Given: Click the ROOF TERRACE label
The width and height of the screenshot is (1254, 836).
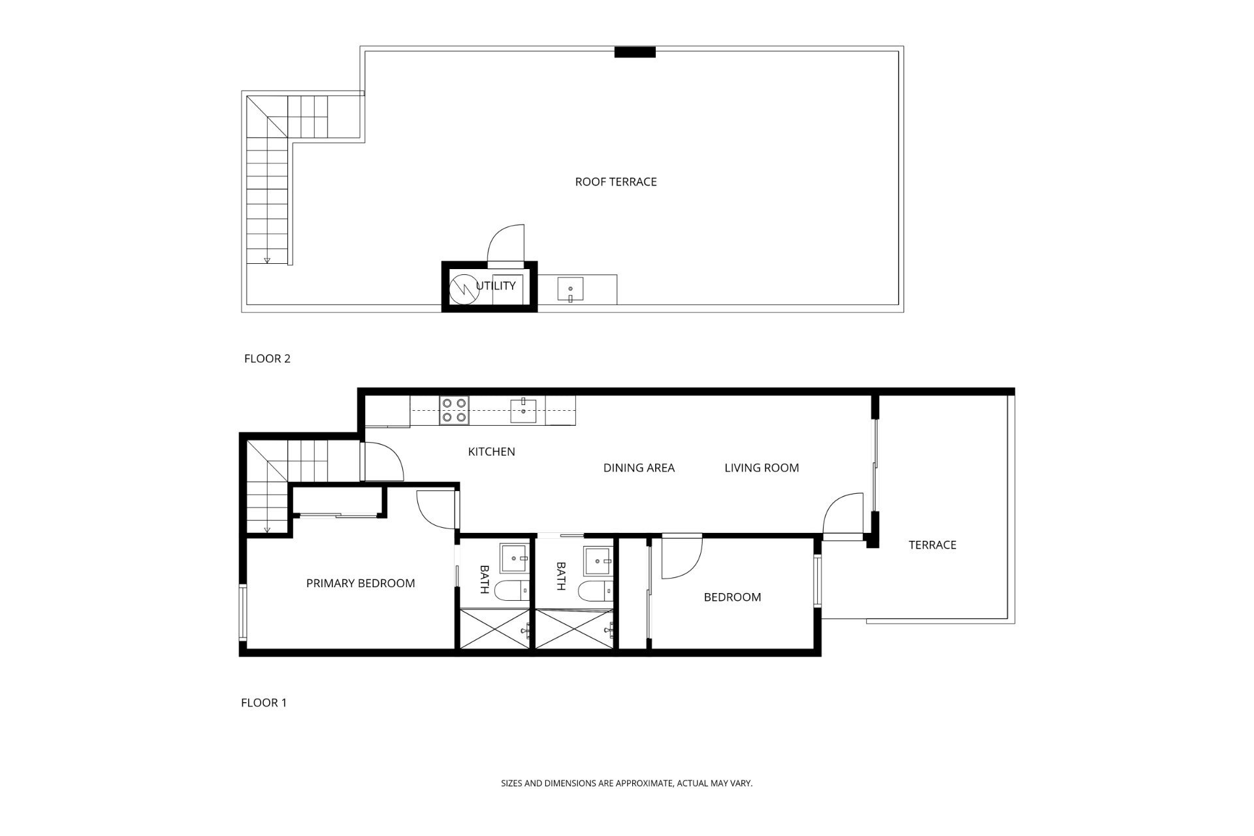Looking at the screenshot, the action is coord(615,182).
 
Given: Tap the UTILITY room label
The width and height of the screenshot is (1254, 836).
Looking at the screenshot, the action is coord(496,285).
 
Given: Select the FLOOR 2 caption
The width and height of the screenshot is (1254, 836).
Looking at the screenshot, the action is coord(267,358).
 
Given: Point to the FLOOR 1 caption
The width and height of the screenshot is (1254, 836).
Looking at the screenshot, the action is coord(264,703).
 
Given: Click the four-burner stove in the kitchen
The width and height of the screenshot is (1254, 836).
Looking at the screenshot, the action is coord(455,410).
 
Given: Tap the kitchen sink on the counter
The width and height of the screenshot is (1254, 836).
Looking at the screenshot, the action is coord(523,410).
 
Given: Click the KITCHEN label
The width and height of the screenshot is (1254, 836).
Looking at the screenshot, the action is coord(492,451).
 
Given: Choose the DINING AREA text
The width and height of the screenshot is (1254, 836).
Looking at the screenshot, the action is coord(639,468).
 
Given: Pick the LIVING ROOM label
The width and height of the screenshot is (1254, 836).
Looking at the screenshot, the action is coord(762,468).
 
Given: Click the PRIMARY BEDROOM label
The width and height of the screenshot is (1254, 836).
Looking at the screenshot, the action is coord(361,583).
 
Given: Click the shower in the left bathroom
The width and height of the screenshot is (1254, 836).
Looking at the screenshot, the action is coord(495,629).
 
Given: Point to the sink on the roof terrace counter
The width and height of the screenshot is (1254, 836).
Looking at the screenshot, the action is coord(570,289).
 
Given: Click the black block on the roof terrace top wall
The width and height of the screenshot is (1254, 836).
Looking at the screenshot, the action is coord(635,52).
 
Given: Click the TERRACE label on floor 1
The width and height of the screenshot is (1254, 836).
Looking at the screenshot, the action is coord(932,545).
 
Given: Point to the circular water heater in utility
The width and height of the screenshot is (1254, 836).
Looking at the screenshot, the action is coord(465,287).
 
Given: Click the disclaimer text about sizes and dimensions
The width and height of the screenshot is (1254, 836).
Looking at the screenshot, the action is coord(627,782).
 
